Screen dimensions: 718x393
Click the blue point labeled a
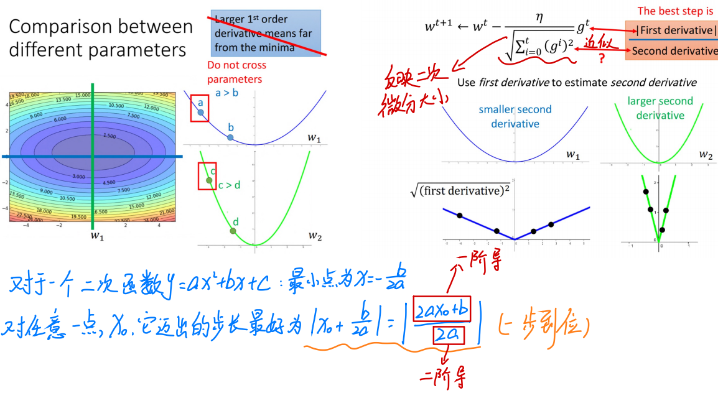pyautogui.click(x=200, y=113)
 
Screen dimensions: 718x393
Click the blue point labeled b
pyautogui.click(x=230, y=137)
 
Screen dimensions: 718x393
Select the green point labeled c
pyautogui.click(x=209, y=180)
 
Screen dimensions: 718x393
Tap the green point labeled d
pyautogui.click(x=233, y=231)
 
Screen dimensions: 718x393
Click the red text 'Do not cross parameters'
pyautogui.click(x=236, y=72)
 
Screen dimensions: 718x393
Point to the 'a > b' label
pyautogui.click(x=226, y=93)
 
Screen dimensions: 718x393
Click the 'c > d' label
pyautogui.click(x=229, y=185)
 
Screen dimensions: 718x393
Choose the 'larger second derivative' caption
pyautogui.click(x=660, y=108)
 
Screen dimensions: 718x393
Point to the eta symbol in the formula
pyautogui.click(x=539, y=19)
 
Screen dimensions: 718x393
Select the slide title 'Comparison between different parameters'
pyautogui.click(x=101, y=38)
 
